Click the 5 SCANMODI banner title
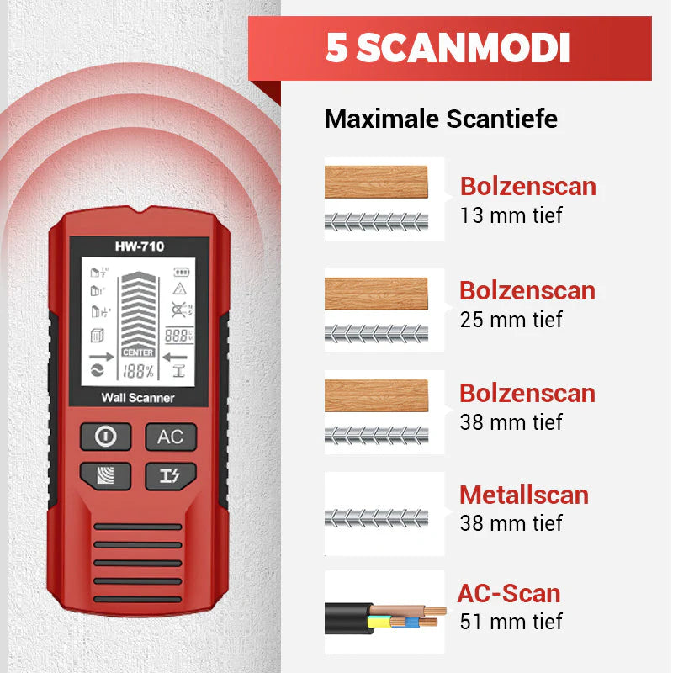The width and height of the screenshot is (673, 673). click(448, 49)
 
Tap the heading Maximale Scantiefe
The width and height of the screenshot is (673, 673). click(441, 119)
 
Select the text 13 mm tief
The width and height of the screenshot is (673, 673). click(511, 215)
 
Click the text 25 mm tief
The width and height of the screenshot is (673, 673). click(511, 320)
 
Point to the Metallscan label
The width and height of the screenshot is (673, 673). click(523, 495)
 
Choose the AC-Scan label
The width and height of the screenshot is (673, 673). click(508, 593)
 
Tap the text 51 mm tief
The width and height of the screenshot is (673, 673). click(511, 622)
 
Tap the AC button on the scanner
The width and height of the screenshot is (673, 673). click(170, 437)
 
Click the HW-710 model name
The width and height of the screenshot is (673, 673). click(140, 246)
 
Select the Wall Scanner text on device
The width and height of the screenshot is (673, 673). click(138, 397)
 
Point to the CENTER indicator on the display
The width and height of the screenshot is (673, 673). click(138, 352)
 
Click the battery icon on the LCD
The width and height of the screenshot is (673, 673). click(182, 272)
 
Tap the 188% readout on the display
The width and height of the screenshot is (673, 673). click(138, 371)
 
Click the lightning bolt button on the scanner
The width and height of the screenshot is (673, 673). click(170, 475)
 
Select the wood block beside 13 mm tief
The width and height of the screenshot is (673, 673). click(376, 181)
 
